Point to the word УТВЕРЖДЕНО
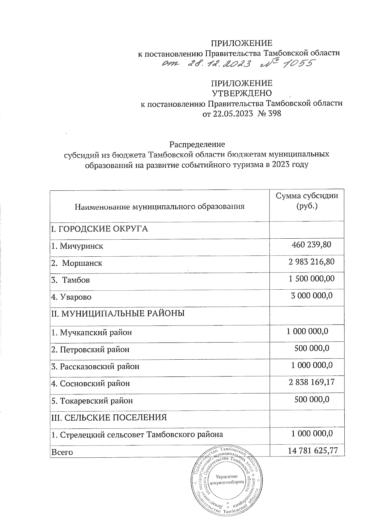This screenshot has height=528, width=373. [242, 93]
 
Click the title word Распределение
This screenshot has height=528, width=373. [197, 145]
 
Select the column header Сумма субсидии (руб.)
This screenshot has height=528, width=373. [307, 201]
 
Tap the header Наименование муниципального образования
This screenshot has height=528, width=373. [159, 206]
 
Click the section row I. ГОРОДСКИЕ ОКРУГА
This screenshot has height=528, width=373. [99, 229]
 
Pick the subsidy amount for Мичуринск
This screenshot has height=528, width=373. [311, 245]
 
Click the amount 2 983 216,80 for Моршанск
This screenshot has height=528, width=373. [311, 262]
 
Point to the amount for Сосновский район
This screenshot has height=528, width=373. [311, 382]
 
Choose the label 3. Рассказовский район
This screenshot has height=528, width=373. [95, 367]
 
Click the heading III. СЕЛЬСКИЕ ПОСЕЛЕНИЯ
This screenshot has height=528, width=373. [109, 417]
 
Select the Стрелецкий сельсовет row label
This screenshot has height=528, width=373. [137, 434]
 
